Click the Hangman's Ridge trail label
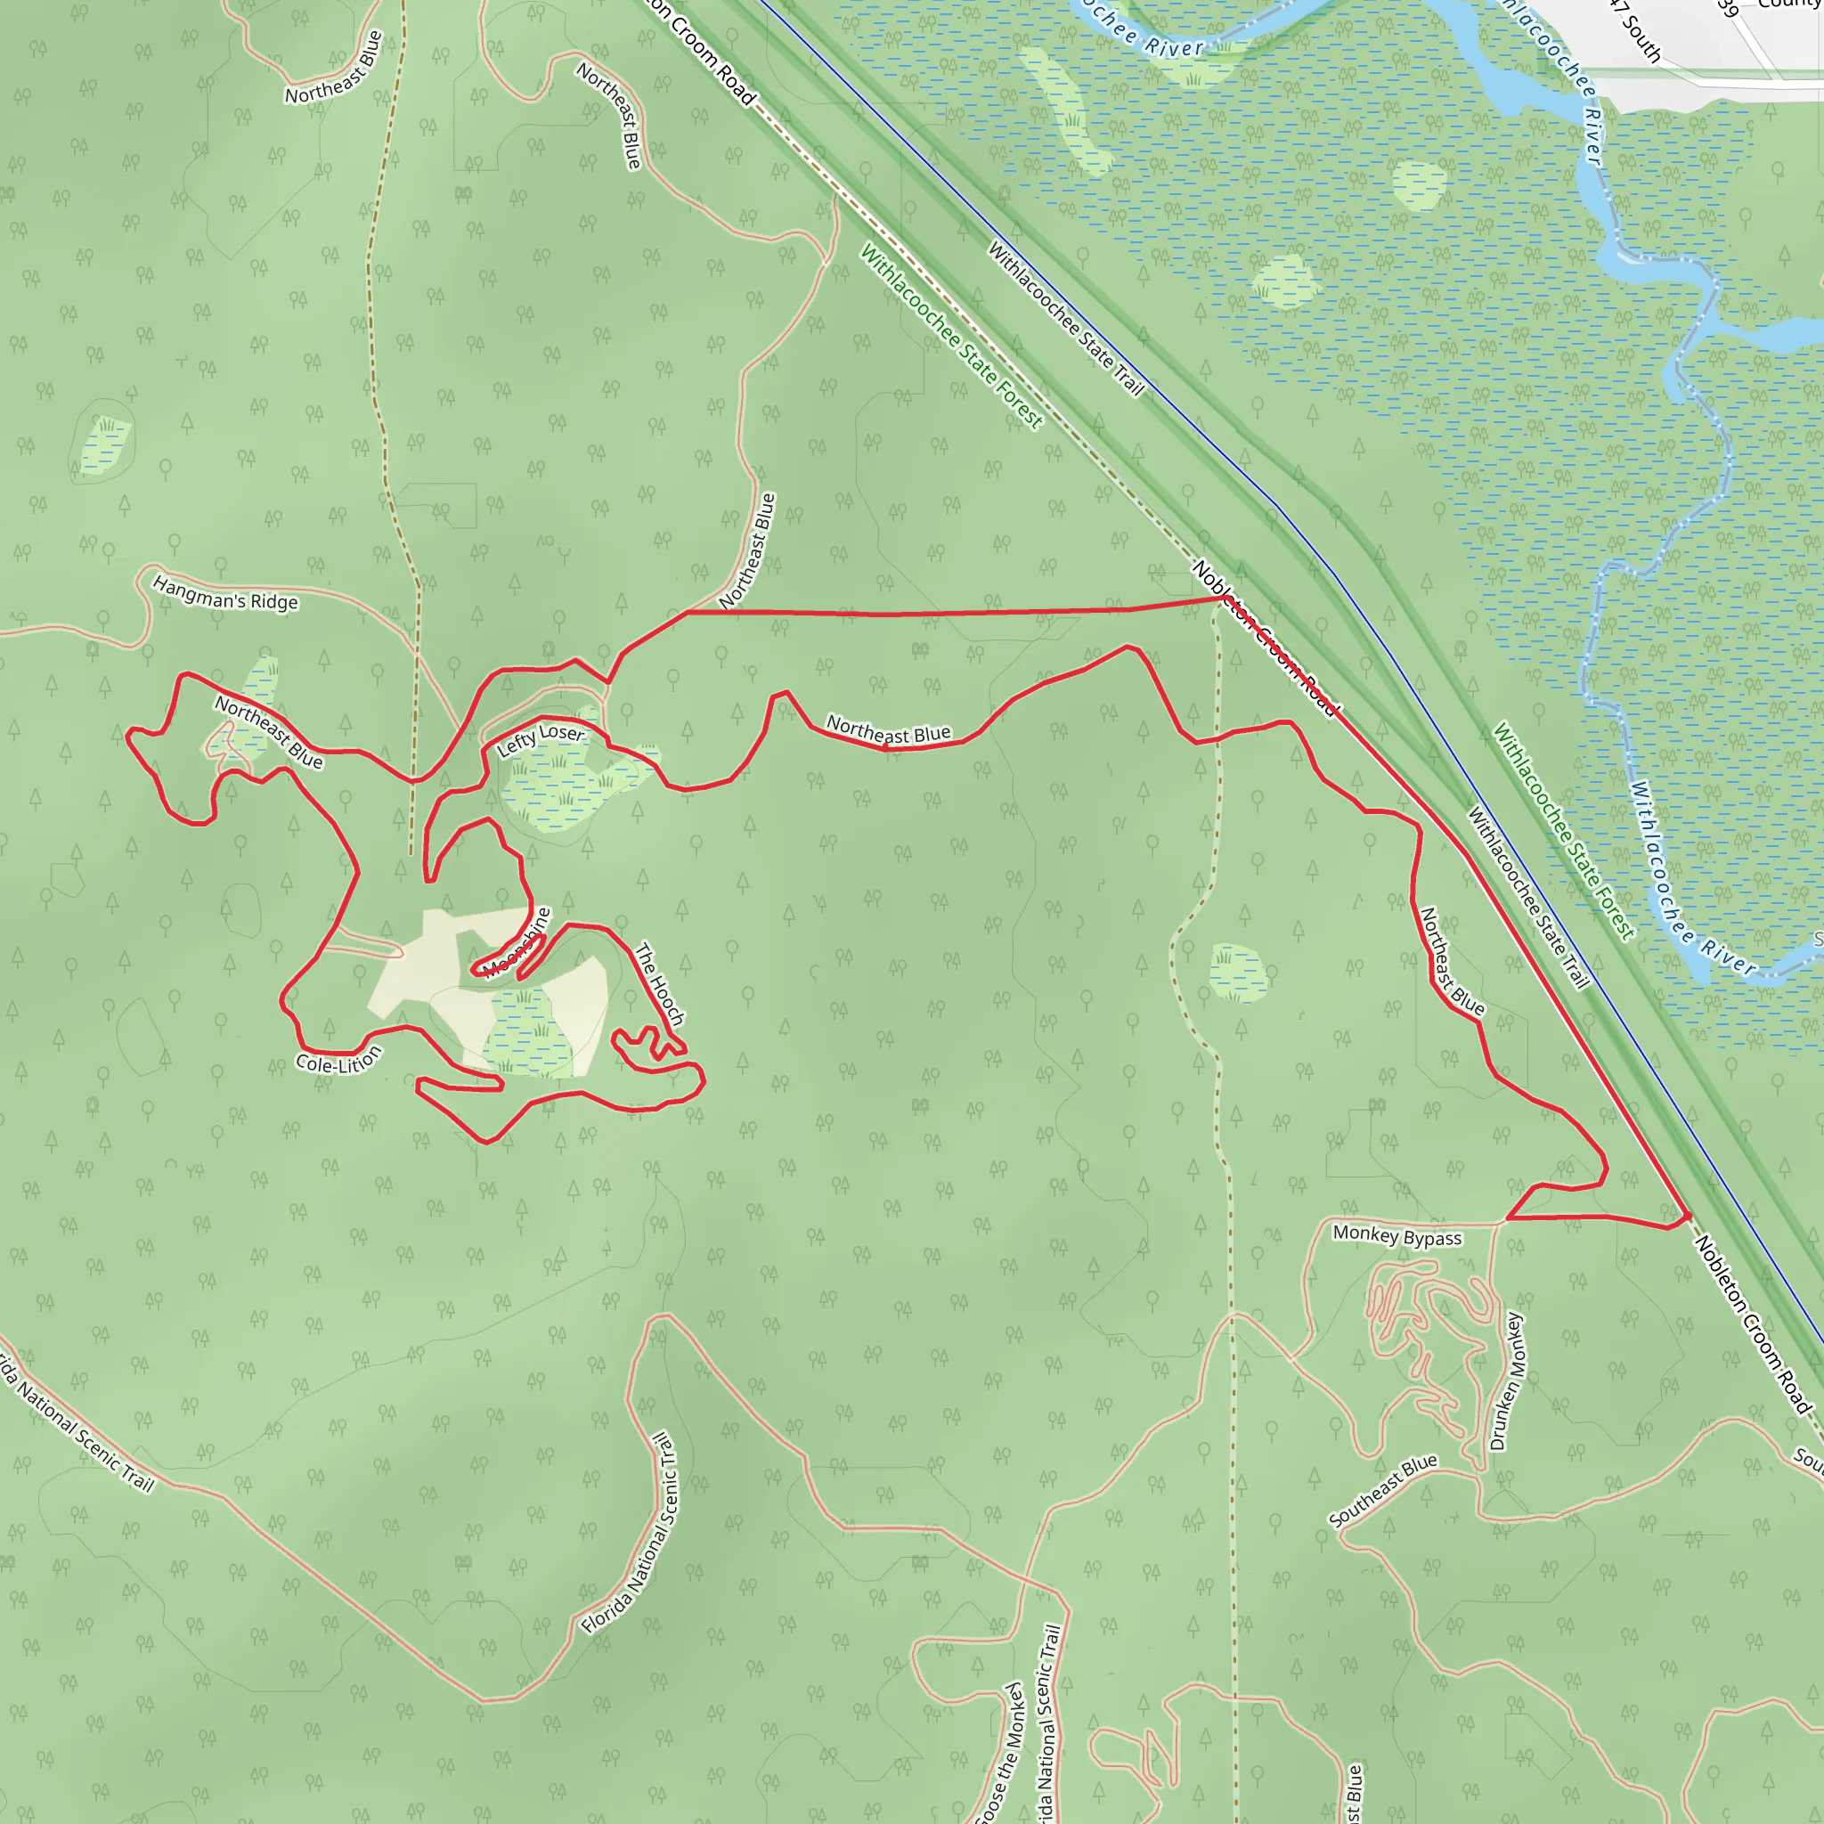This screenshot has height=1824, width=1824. click(x=224, y=594)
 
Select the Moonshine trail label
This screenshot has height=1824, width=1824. click(x=517, y=942)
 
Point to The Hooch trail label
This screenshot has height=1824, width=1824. click(x=659, y=984)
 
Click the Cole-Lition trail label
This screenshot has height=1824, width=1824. click(x=338, y=1061)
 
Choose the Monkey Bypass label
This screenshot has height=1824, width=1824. click(x=1396, y=1236)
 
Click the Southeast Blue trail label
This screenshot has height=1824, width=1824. click(x=1382, y=1490)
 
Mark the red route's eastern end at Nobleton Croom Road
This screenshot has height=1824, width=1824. click(x=1687, y=1216)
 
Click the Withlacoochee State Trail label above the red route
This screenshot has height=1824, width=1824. click(x=1065, y=318)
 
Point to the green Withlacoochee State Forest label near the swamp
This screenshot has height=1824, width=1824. click(x=1562, y=832)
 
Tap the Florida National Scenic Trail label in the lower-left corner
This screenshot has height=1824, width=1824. click(x=76, y=1421)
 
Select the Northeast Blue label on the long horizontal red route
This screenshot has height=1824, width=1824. click(x=888, y=729)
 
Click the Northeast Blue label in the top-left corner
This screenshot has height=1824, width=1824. click(x=334, y=68)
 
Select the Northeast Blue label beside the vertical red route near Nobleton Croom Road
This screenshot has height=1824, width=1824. click(x=1451, y=961)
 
